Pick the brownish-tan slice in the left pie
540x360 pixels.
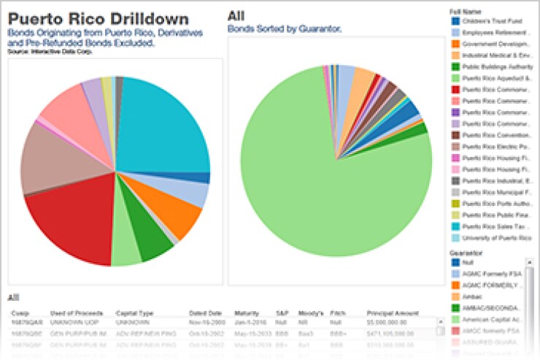point(47,161)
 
